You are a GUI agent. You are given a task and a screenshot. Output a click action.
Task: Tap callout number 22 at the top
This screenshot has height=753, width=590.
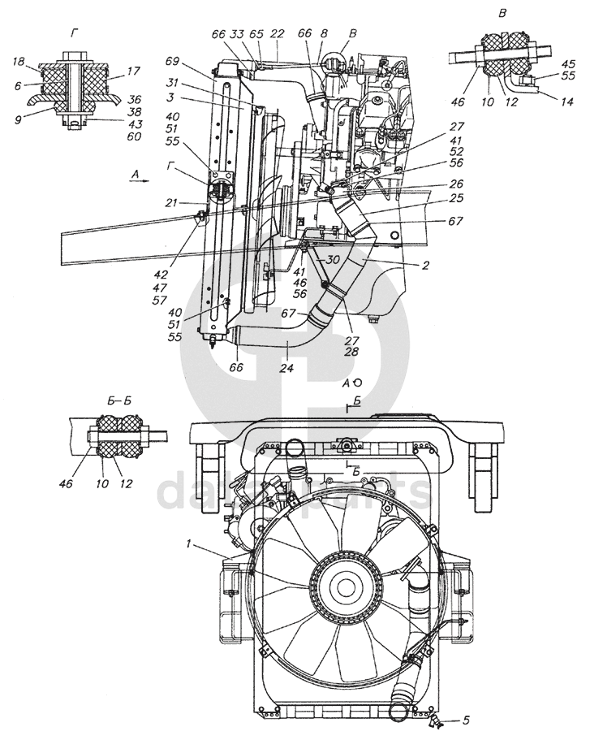[278, 33]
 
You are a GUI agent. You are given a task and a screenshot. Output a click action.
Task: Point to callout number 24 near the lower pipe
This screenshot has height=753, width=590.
[287, 368]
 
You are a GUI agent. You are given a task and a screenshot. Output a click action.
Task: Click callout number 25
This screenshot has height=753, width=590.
[457, 197]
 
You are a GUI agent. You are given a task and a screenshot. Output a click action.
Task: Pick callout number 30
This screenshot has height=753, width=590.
[333, 260]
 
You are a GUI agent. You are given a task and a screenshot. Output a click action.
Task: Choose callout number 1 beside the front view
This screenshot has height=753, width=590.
[189, 544]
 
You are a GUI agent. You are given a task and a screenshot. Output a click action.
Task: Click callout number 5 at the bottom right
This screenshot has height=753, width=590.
[466, 720]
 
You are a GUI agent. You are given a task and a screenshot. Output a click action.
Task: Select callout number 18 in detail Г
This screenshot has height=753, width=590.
[18, 62]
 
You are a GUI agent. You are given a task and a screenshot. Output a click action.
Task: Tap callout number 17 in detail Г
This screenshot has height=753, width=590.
[134, 71]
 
